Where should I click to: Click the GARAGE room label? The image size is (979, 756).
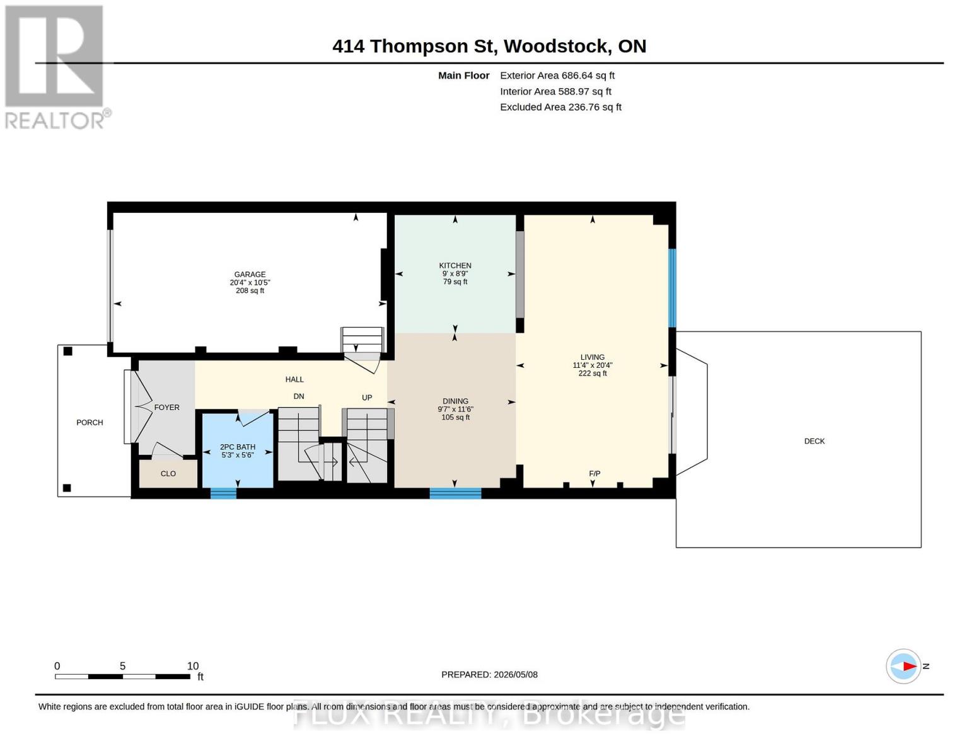coord(250,274)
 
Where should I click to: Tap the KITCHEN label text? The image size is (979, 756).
coord(455,266)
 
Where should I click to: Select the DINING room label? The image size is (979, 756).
coord(455,401)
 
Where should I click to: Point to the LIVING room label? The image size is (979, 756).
coord(593,357)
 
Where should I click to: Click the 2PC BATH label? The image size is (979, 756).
coord(238,447)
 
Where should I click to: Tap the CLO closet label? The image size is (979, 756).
coord(168,473)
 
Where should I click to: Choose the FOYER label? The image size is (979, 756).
coord(166,407)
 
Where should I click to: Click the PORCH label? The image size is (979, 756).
coord(90,422)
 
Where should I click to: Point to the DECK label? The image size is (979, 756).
coord(814,441)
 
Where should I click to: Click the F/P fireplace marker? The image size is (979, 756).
coord(594,473)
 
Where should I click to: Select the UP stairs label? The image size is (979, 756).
coord(367,398)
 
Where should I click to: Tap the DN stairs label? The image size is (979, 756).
coord(299,396)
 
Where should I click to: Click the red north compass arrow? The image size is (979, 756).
coord(910,666)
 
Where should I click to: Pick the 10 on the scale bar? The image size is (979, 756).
coord(193,665)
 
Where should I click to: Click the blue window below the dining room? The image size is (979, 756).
coord(455,493)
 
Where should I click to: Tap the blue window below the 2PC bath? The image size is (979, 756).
coord(223,493)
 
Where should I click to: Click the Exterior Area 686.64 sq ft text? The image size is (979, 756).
coord(557,76)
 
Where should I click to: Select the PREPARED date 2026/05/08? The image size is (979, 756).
coord(516,675)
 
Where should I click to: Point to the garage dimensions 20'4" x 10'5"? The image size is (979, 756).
coord(250,282)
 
